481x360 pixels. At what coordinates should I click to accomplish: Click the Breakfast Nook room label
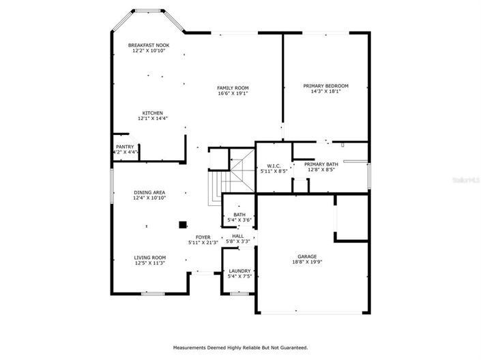(149, 45)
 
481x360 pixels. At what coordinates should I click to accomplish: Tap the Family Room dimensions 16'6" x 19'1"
(233, 93)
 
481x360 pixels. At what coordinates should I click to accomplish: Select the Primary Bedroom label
(325, 86)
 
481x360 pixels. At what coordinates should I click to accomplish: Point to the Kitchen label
(152, 113)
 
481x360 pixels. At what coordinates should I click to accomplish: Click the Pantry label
(125, 147)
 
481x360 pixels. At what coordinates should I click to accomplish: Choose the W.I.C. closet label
(274, 166)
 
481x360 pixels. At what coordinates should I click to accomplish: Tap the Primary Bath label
(321, 164)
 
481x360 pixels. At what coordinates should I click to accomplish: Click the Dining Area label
(149, 192)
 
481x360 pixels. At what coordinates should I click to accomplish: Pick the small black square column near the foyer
(182, 224)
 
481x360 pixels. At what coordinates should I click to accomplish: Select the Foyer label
(203, 237)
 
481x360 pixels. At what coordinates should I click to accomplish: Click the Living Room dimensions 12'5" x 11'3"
(149, 263)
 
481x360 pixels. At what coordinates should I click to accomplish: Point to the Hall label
(237, 236)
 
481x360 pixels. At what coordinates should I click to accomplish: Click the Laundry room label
(239, 271)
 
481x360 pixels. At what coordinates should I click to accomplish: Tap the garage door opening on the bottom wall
(313, 313)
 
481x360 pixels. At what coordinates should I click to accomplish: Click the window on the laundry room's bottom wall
(239, 294)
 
